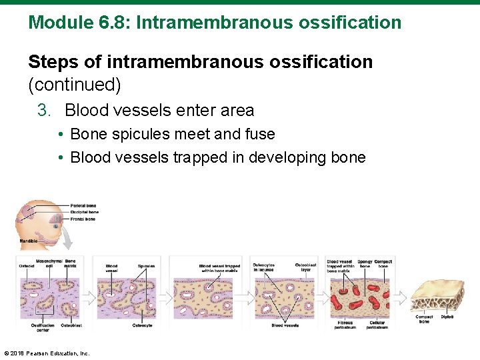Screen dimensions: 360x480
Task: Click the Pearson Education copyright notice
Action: pyautogui.click(x=47, y=353)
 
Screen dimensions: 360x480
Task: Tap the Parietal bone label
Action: pyautogui.click(x=83, y=206)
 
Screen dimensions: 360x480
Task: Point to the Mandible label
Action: pyautogui.click(x=28, y=240)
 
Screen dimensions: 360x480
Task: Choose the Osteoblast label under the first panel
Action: pyautogui.click(x=71, y=326)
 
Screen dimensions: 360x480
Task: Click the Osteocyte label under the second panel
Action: pyautogui.click(x=141, y=326)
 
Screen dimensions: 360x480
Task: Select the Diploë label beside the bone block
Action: pyautogui.click(x=447, y=317)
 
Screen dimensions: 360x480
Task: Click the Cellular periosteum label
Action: pyautogui.click(x=377, y=325)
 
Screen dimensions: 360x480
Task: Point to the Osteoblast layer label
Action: pyautogui.click(x=305, y=267)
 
